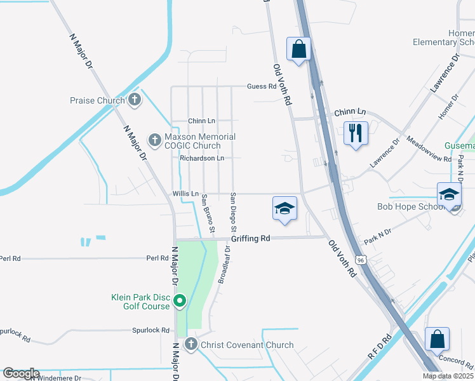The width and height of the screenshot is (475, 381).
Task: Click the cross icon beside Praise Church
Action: click(x=134, y=100)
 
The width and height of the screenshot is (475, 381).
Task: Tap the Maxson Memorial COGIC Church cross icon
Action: click(x=154, y=139)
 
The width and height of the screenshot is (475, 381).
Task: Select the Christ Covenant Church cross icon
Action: click(x=191, y=345)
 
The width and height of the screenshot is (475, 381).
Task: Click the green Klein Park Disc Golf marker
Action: click(x=180, y=300)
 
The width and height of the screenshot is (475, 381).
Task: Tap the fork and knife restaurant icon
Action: click(x=355, y=133)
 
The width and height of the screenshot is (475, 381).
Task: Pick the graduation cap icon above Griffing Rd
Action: click(x=284, y=209)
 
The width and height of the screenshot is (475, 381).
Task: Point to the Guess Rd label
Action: click(x=262, y=86)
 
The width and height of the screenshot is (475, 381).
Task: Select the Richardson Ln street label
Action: click(x=202, y=158)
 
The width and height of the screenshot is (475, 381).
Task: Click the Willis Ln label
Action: click(x=185, y=194)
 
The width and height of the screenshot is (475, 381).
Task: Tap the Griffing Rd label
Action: click(x=251, y=238)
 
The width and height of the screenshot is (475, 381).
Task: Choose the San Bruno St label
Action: click(x=208, y=214)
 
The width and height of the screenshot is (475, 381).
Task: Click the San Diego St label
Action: click(x=234, y=211)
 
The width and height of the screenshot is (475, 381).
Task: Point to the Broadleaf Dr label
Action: click(x=223, y=265)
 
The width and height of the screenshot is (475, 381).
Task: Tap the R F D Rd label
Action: click(x=378, y=349)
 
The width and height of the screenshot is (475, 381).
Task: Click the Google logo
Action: click(x=20, y=373)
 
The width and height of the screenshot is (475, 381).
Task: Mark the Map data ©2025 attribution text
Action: click(x=448, y=376)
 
